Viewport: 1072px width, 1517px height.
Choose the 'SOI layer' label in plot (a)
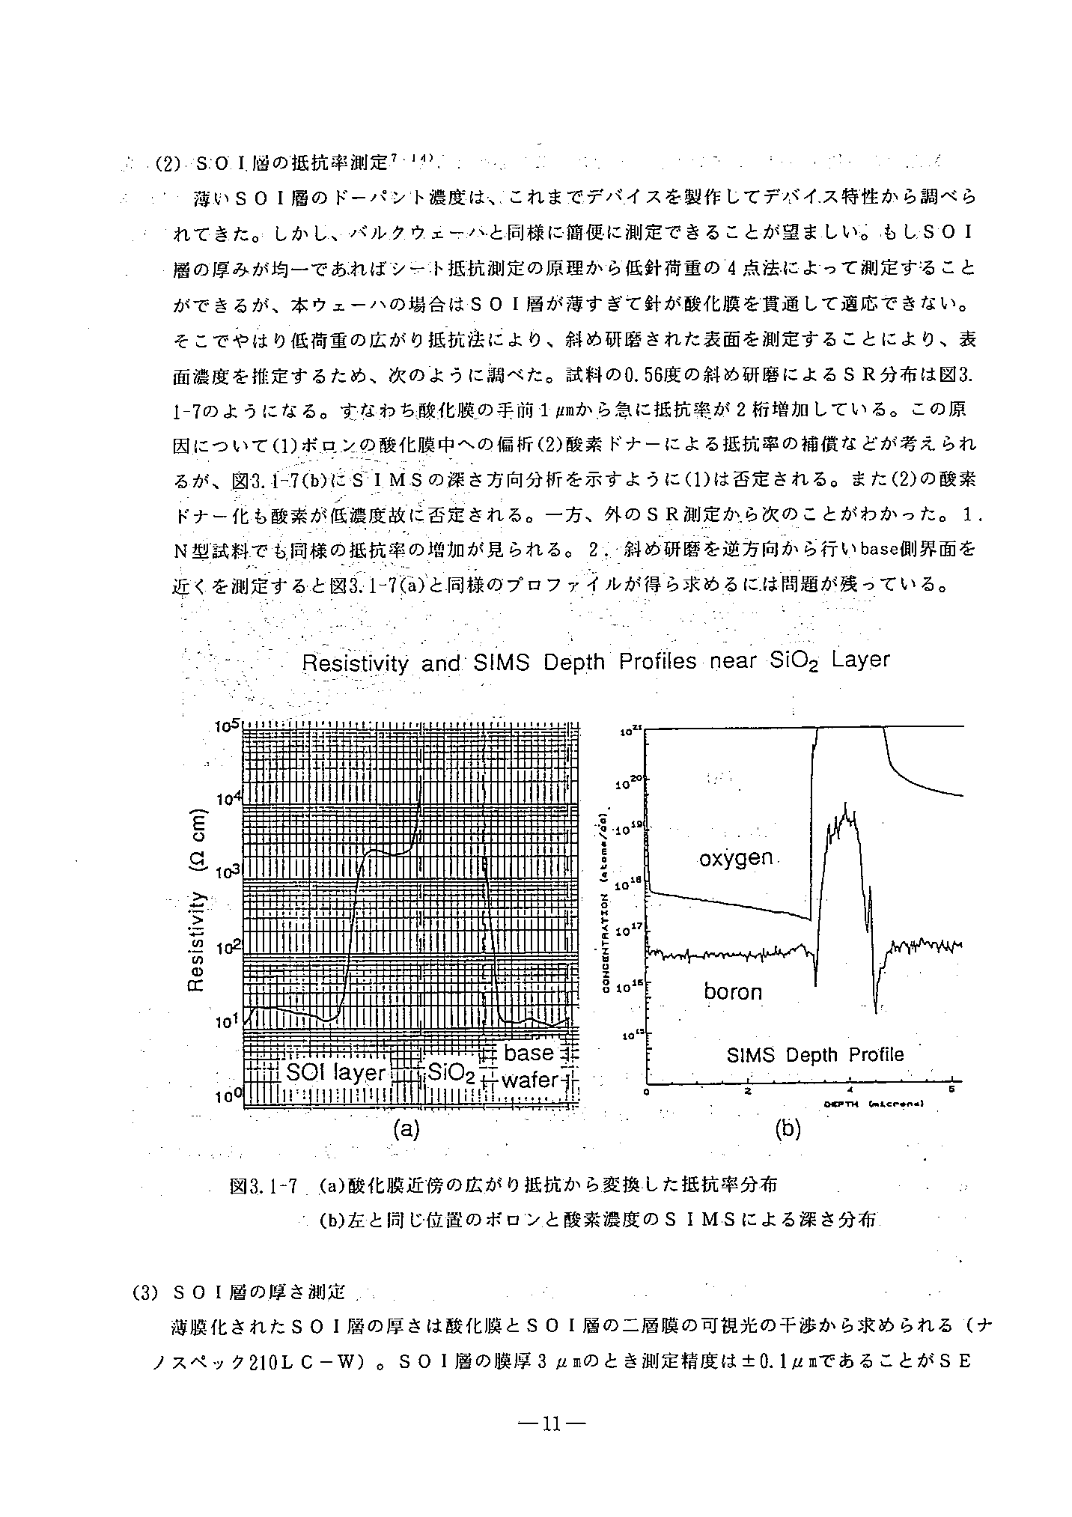pyautogui.click(x=336, y=1072)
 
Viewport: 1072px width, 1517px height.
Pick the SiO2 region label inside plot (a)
pyautogui.click(x=451, y=1074)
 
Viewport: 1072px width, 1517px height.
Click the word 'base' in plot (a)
pyautogui.click(x=529, y=1054)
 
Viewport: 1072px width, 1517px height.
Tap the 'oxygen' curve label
pyautogui.click(x=736, y=857)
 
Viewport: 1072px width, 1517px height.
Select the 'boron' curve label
pyautogui.click(x=733, y=992)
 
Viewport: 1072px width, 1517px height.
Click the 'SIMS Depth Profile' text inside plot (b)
pyautogui.click(x=815, y=1055)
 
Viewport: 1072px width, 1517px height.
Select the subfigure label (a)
pyautogui.click(x=406, y=1128)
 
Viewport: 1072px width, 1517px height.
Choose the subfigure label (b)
pyautogui.click(x=788, y=1128)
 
